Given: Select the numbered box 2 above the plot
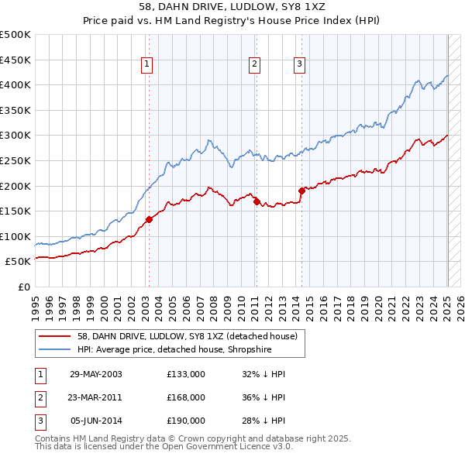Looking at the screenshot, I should point(255,65).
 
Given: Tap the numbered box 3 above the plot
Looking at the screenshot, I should point(300,65).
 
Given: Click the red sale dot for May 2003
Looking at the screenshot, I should point(150,219).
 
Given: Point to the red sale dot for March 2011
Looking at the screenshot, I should point(257,201).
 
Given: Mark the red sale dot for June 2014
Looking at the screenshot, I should point(301,191).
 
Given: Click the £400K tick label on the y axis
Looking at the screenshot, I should point(15,84).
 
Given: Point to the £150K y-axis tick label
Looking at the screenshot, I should point(15,211).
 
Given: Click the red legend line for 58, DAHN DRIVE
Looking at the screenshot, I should point(55,335).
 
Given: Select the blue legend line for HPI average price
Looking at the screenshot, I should point(55,349).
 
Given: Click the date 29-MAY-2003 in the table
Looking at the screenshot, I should point(95,374).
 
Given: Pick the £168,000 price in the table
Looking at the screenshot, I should point(185,397).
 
